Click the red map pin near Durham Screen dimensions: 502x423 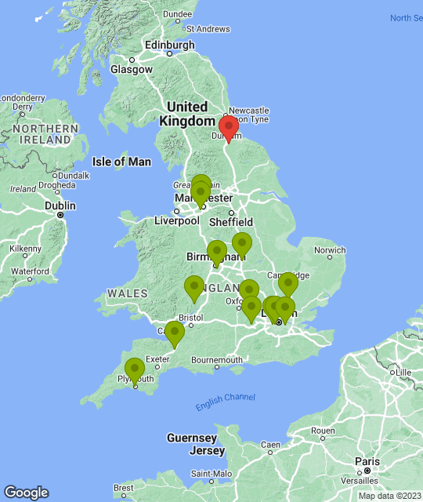[x=228, y=128]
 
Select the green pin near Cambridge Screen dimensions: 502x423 [x=288, y=283]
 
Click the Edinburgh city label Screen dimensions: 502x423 [x=168, y=45]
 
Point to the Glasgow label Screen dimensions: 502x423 [x=132, y=69]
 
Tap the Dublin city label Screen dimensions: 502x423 [x=60, y=206]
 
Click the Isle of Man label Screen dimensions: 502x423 [x=121, y=162]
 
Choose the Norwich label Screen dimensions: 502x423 [x=329, y=251]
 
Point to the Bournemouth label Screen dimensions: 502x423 [x=217, y=360]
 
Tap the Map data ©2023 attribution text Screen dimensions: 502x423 [x=389, y=496]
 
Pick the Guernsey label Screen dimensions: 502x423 [x=191, y=438]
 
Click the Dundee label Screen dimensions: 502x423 [x=178, y=14]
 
